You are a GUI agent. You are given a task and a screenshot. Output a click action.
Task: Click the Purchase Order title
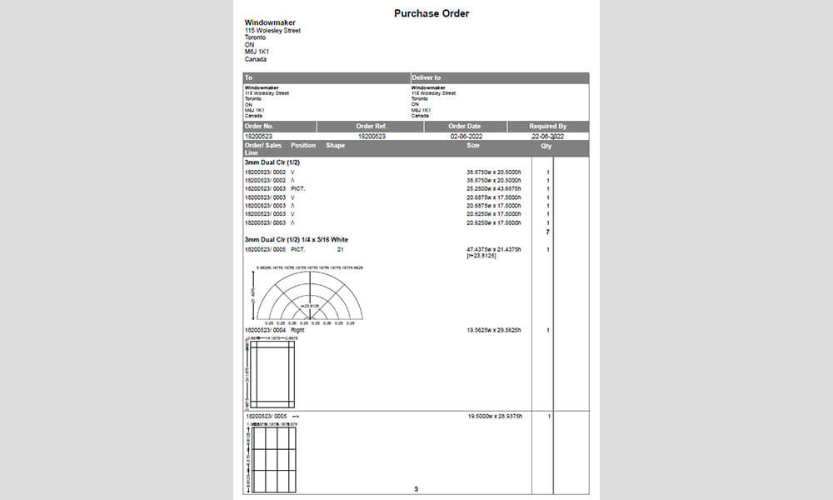pyautogui.click(x=431, y=13)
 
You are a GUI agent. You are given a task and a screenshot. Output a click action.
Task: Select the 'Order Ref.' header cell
pyautogui.click(x=372, y=127)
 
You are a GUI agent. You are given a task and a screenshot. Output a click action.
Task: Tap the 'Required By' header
pyautogui.click(x=547, y=127)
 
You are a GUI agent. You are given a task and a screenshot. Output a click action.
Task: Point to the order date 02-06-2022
pyautogui.click(x=466, y=136)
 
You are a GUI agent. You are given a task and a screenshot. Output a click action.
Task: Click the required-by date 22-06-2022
pyautogui.click(x=547, y=136)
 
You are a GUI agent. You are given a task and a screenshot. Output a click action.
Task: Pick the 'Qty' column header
pyautogui.click(x=546, y=145)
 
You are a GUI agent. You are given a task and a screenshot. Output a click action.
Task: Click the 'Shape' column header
pyautogui.click(x=336, y=145)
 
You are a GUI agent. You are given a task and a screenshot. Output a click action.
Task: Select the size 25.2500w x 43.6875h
pyautogui.click(x=495, y=189)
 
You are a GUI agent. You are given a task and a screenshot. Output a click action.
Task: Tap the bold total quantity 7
pyautogui.click(x=547, y=232)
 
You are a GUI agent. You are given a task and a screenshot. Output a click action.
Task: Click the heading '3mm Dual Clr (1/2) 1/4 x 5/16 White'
pyautogui.click(x=297, y=240)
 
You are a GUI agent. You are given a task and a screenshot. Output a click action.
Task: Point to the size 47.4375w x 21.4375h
pyautogui.click(x=495, y=249)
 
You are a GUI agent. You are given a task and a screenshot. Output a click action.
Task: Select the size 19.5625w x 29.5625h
pyautogui.click(x=495, y=331)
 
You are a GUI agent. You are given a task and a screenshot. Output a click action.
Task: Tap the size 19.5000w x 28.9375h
pyautogui.click(x=495, y=415)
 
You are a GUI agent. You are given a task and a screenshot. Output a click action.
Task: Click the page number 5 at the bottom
pyautogui.click(x=416, y=489)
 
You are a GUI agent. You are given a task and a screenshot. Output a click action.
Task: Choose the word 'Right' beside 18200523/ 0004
pyautogui.click(x=297, y=331)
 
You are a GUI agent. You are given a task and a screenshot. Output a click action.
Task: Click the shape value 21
pyautogui.click(x=340, y=249)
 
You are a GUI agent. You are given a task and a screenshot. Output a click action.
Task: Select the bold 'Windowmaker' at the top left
pyautogui.click(x=270, y=22)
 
